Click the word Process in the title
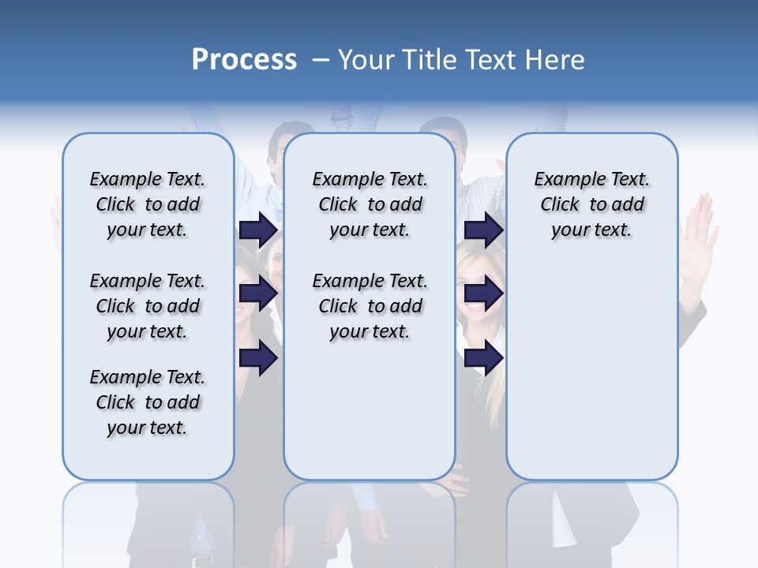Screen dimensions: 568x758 point(244,60)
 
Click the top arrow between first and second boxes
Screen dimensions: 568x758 point(258,230)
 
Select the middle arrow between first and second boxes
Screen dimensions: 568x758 point(258,294)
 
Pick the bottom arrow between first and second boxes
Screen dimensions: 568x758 point(258,357)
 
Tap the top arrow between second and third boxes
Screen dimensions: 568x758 point(483,230)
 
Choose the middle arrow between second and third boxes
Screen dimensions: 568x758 point(483,294)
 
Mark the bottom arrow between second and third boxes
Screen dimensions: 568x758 point(483,357)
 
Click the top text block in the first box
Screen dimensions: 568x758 point(148,204)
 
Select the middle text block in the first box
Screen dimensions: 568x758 point(148,306)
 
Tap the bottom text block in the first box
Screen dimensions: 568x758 point(148,402)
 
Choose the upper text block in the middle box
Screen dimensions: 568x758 point(370,204)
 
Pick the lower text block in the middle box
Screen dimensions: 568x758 point(370,306)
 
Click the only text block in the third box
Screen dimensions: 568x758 point(591,204)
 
